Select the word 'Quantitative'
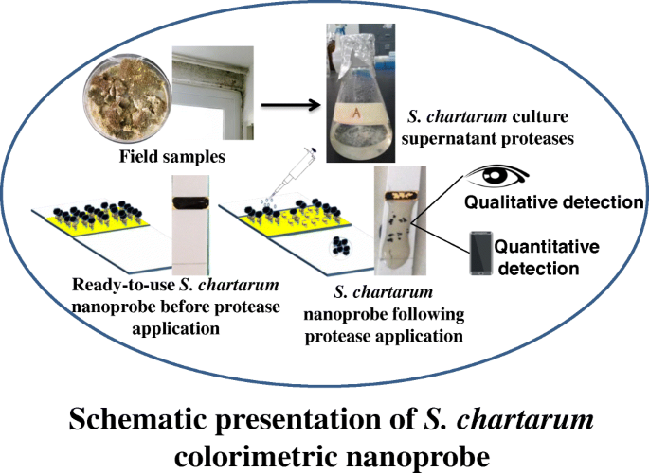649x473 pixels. pyautogui.click(x=548, y=247)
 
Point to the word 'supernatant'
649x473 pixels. pyautogui.click(x=454, y=138)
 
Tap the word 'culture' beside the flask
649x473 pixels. pyautogui.click(x=532, y=118)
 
